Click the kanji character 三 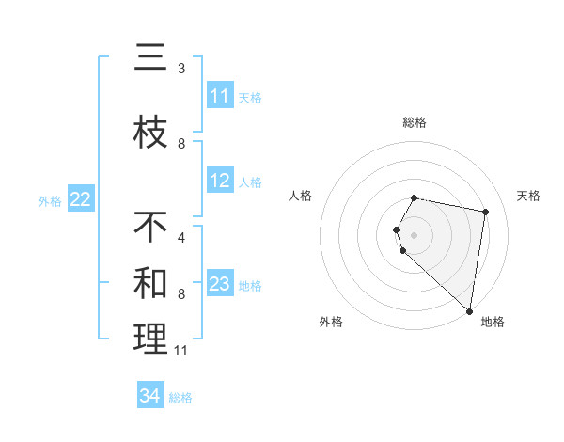[150, 58]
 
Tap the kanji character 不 [150, 228]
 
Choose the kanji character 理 [150, 339]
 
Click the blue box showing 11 [220, 96]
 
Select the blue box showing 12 [220, 181]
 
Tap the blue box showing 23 [220, 284]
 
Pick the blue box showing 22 [80, 199]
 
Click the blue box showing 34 [149, 396]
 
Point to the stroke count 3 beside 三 [181, 69]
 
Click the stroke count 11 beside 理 [181, 351]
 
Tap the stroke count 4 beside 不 [181, 238]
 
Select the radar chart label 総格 [415, 122]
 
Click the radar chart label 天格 [528, 196]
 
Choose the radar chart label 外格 [331, 322]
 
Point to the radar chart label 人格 [301, 196]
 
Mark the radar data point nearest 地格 [469, 310]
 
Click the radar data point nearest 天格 [485, 213]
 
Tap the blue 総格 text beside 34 [180, 398]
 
